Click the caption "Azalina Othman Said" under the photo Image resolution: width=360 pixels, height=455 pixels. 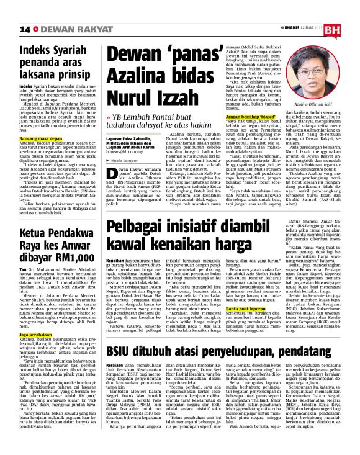(320, 106)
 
